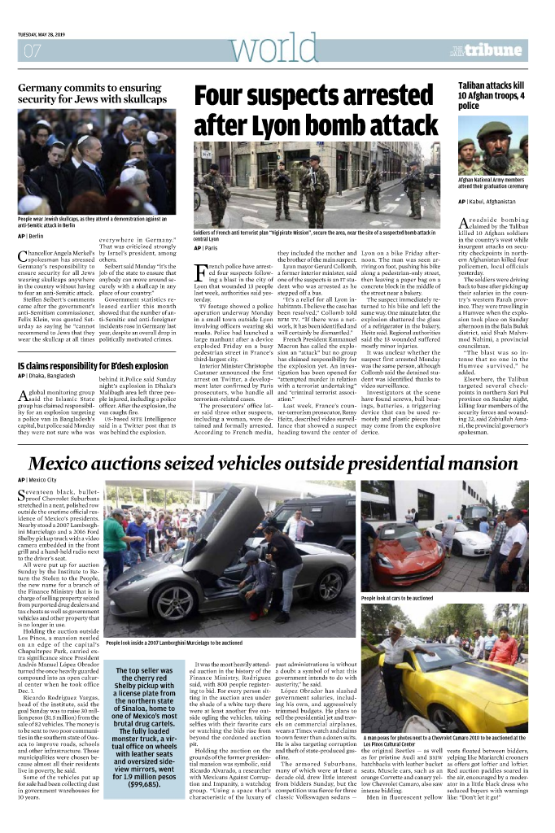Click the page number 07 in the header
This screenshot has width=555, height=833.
pyautogui.click(x=33, y=51)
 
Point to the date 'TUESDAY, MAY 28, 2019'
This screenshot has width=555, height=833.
pyautogui.click(x=49, y=35)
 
